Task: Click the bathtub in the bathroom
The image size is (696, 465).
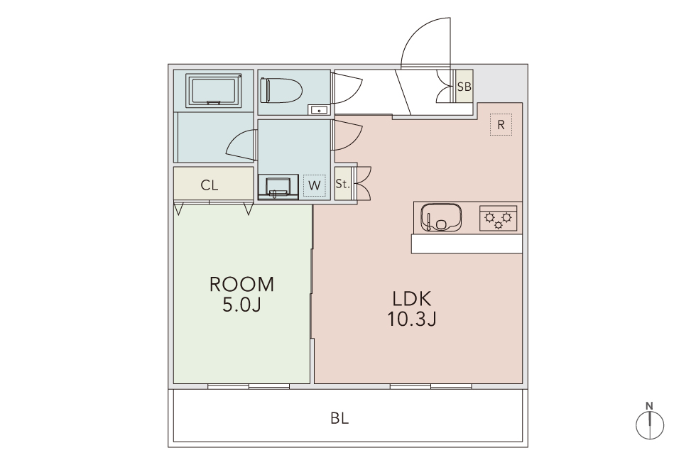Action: tap(214, 90)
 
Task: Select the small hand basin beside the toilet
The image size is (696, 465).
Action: tap(319, 110)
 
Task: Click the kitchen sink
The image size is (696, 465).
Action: tap(441, 217)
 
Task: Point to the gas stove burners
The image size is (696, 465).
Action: tap(498, 218)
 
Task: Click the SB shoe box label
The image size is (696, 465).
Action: tap(464, 87)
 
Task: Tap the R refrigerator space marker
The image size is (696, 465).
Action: tap(501, 125)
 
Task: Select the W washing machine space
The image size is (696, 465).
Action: tap(314, 185)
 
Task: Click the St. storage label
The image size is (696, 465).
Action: tap(342, 184)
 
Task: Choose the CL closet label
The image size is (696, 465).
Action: tap(210, 185)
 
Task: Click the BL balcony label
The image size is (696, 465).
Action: tap(339, 418)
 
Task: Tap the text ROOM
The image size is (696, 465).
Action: tap(242, 285)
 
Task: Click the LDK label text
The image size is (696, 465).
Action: tap(411, 299)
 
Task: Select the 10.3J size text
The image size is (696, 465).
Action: tap(412, 319)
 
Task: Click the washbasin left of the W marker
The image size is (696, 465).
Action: tap(278, 186)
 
